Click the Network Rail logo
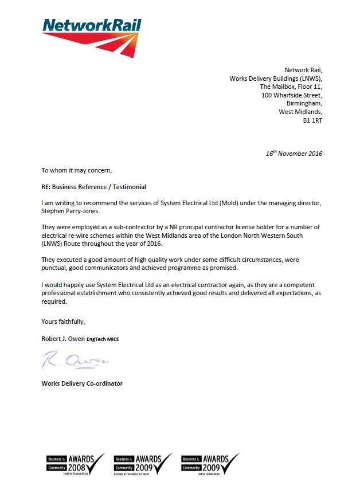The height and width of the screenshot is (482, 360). coord(92,36)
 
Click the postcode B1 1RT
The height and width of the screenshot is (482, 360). coord(312,121)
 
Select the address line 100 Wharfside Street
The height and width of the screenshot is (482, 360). coord(292,95)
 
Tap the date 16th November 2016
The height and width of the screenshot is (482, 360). coord(294,154)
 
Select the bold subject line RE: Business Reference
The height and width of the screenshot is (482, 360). coord(93,187)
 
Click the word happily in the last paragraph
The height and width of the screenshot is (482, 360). coord(73,285)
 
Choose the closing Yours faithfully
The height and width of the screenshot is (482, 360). coord(63,321)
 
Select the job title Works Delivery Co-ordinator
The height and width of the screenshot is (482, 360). coord(81,383)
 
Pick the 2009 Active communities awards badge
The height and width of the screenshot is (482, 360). coord(210,463)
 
